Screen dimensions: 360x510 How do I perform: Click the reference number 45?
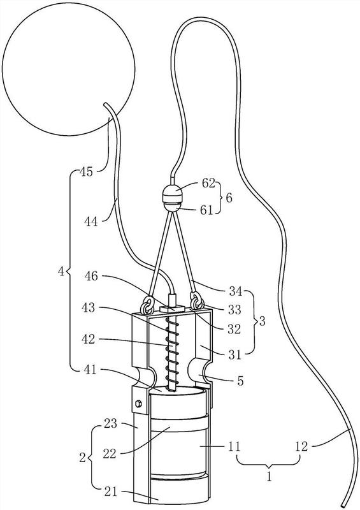click(86, 171)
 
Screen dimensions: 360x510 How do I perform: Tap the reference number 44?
click(90, 222)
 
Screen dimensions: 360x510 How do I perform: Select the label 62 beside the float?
click(208, 184)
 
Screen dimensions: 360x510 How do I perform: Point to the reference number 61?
click(206, 210)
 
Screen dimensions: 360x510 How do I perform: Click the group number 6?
click(229, 198)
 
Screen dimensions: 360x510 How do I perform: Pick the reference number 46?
click(91, 276)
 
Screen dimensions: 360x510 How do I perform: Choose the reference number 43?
click(88, 307)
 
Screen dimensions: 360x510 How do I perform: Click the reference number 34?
click(236, 291)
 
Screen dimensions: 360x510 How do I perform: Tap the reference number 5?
click(240, 381)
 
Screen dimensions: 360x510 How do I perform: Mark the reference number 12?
click(301, 446)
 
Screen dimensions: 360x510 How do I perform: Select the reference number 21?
click(110, 492)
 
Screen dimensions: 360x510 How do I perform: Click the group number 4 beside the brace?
click(61, 272)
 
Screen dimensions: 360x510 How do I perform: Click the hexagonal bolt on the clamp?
click(138, 404)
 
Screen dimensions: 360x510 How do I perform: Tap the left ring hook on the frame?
click(147, 304)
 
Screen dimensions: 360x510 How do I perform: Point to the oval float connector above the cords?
click(173, 198)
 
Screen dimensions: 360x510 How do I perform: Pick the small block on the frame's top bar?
click(173, 308)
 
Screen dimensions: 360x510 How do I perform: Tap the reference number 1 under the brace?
click(270, 476)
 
